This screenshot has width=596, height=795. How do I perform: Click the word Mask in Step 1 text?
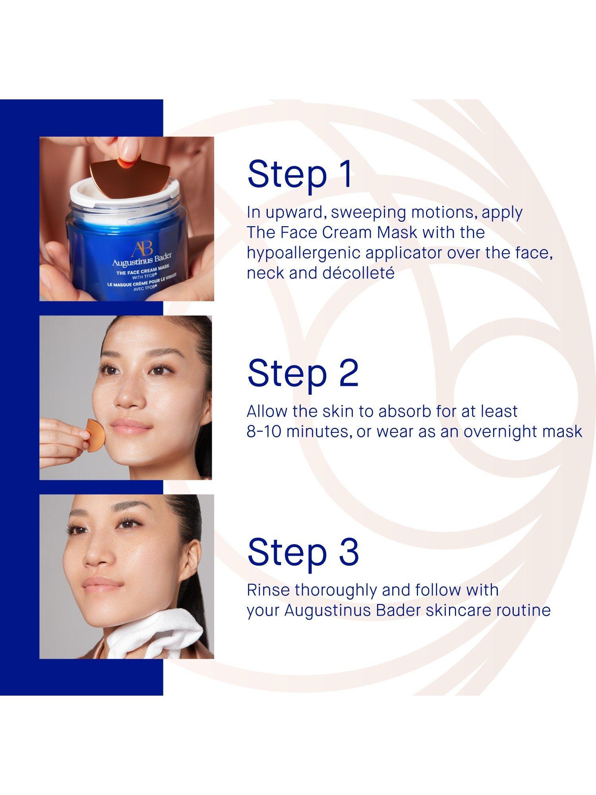pyautogui.click(x=397, y=233)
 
